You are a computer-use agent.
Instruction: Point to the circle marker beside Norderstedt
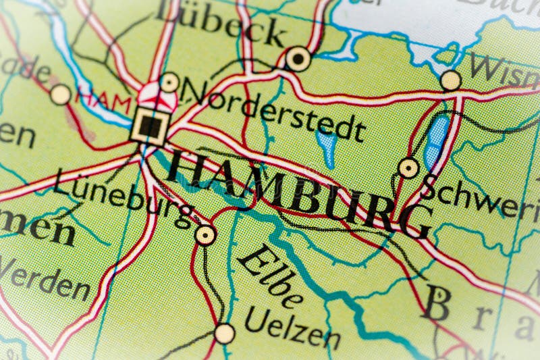[x=169, y=82]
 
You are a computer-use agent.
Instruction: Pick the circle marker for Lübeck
[x=298, y=59]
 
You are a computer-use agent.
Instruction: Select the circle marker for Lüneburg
[x=205, y=235]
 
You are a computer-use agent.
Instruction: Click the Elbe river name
[x=271, y=278]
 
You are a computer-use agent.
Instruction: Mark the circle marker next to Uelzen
[x=224, y=333]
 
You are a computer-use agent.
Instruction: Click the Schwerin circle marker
[x=408, y=168]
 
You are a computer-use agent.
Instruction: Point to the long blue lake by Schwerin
[x=436, y=141]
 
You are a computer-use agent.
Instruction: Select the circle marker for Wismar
[x=450, y=81]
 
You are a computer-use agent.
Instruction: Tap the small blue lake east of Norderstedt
[x=327, y=146]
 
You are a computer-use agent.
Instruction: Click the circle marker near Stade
[x=60, y=95]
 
